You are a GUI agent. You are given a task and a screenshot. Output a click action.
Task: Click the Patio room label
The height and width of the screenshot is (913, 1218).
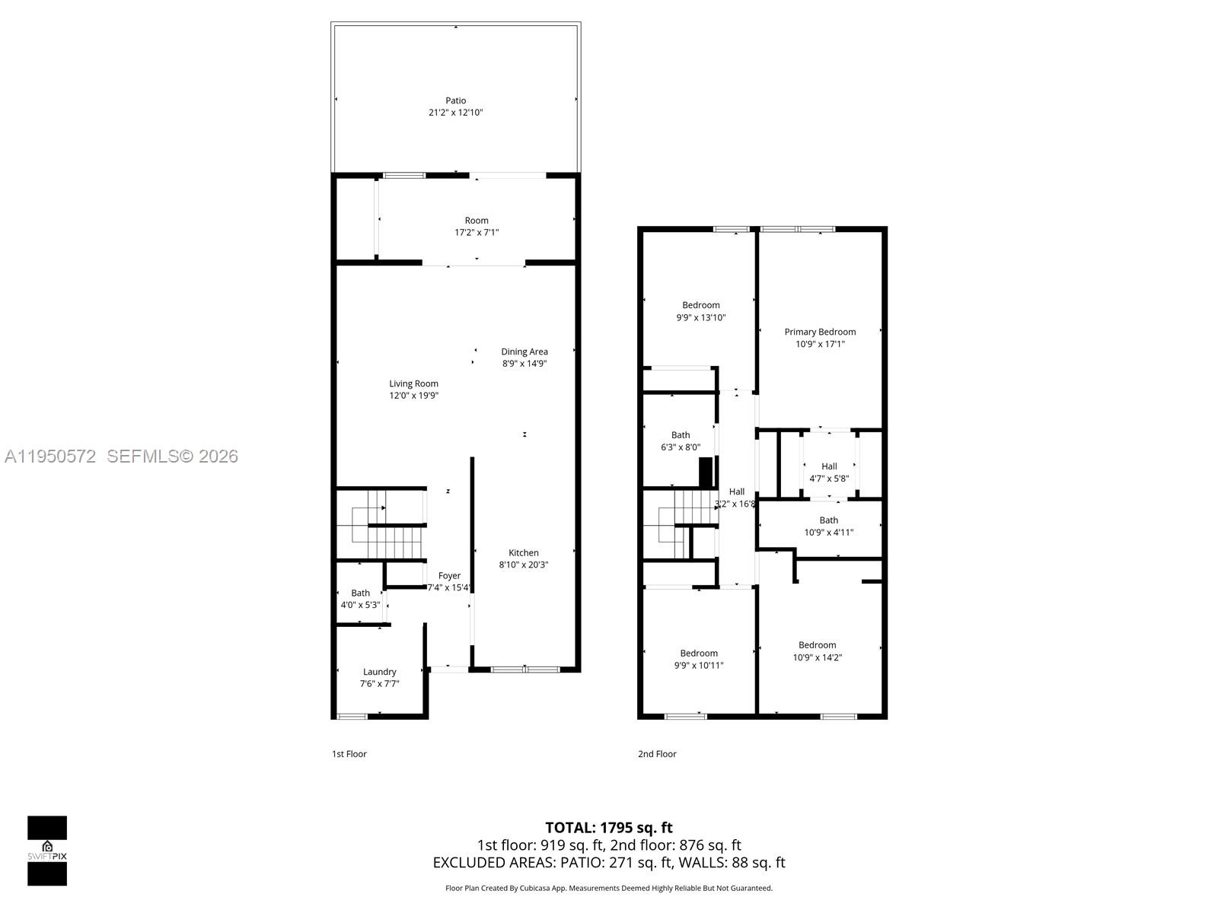click(x=455, y=100)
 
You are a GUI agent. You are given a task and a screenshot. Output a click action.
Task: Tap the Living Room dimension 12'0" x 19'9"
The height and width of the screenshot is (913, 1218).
click(x=414, y=396)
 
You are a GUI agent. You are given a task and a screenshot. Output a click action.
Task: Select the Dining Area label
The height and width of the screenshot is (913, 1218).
click(x=524, y=352)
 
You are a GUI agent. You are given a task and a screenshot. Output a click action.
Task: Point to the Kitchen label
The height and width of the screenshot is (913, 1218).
click(x=524, y=553)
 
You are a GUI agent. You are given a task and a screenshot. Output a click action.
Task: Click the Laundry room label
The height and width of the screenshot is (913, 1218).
click(x=379, y=672)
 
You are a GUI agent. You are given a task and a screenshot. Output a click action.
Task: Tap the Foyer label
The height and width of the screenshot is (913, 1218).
click(x=449, y=576)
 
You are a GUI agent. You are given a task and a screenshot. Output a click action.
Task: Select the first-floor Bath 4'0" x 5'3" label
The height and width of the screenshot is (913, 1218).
click(x=360, y=593)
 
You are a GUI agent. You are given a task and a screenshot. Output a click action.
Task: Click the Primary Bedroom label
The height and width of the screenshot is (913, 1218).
click(x=820, y=332)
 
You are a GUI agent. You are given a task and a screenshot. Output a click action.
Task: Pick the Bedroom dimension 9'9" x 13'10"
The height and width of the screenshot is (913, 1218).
click(x=700, y=318)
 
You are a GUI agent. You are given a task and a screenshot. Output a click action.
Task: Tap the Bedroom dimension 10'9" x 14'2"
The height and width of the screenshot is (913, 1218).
click(x=817, y=658)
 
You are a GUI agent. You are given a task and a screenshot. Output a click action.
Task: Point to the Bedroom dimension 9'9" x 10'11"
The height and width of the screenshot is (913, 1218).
click(x=699, y=666)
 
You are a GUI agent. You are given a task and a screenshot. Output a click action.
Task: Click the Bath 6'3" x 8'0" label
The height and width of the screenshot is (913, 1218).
click(x=681, y=436)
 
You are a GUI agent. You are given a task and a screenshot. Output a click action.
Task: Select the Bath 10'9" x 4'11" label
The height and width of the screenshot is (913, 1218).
click(x=828, y=520)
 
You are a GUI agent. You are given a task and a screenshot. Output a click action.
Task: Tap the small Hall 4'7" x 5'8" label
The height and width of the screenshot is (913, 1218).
click(x=829, y=466)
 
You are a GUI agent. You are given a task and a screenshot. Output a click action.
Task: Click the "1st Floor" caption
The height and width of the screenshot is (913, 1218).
click(x=349, y=754)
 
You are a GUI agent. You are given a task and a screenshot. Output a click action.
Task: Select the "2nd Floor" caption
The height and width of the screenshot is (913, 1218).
click(x=657, y=754)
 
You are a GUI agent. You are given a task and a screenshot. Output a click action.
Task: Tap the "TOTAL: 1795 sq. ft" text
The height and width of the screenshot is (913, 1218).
click(x=608, y=828)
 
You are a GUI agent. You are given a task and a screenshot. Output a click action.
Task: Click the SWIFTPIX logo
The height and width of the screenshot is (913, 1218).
click(x=47, y=851)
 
